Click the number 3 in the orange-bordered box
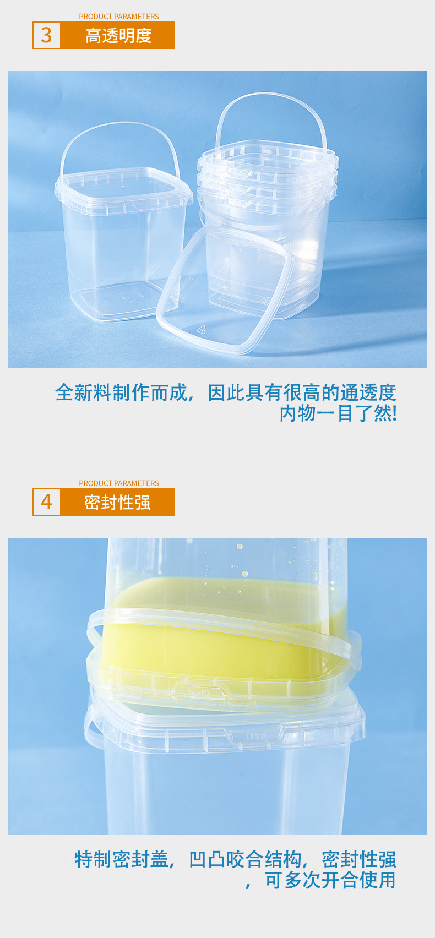[x=46, y=35]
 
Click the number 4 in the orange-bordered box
[x=46, y=502]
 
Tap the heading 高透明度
[x=118, y=36]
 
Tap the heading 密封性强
[x=117, y=502]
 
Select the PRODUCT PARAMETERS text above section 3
[x=118, y=17]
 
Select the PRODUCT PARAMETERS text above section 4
[x=118, y=483]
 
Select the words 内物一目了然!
[x=338, y=413]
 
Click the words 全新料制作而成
[x=121, y=392]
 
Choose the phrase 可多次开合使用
[x=330, y=880]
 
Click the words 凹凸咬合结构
[x=245, y=859]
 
